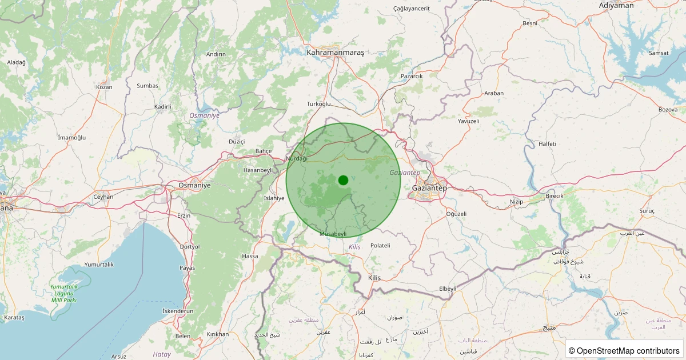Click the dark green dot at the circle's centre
click(x=343, y=180)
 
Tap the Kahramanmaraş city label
click(x=335, y=52)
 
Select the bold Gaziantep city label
click(x=429, y=187)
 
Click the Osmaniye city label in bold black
click(x=194, y=185)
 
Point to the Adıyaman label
click(x=616, y=5)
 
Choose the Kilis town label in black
click(x=374, y=277)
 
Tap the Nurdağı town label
click(x=297, y=158)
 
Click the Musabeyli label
click(x=333, y=234)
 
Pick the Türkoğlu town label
click(x=319, y=103)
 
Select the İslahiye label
click(x=274, y=198)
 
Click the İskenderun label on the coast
click(x=178, y=311)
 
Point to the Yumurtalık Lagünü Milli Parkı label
click(x=63, y=293)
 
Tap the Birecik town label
click(x=555, y=195)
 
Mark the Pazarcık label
click(x=412, y=76)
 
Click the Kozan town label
click(x=105, y=87)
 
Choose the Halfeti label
click(x=547, y=143)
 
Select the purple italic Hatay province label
click(x=162, y=354)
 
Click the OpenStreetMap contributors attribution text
click(x=624, y=350)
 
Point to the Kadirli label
click(x=163, y=106)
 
